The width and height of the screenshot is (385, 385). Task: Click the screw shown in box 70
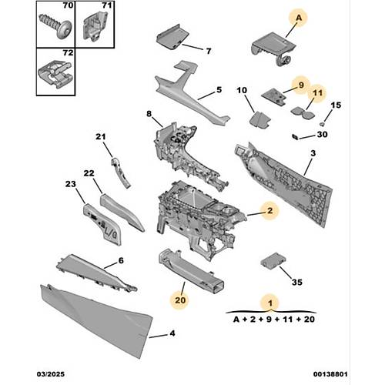coord(55,26)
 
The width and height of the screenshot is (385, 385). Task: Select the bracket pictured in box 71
coord(95,27)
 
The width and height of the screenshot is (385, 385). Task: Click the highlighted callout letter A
coord(299,18)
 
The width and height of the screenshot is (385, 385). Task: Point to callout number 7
coord(209,51)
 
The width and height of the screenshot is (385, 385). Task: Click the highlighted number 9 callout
coord(301,85)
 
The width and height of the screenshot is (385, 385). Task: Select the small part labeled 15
coord(322,124)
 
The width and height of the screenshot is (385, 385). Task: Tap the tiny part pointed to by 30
coord(295,137)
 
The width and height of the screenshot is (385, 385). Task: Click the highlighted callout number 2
coord(269,210)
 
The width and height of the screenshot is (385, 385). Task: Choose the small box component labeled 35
coord(273,261)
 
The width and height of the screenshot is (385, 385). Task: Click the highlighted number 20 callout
coord(180,300)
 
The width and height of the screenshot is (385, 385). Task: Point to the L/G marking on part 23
coord(111,234)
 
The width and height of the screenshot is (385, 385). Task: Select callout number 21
coord(101,136)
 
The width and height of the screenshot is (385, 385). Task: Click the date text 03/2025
coord(51,374)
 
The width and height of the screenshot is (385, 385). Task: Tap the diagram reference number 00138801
coord(330,374)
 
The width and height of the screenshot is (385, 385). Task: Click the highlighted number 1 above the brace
coord(270,303)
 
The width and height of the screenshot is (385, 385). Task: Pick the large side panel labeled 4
coord(97,321)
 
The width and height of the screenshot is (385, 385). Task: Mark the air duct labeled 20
coord(191,269)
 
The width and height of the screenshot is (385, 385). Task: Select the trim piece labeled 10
coord(259,119)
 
